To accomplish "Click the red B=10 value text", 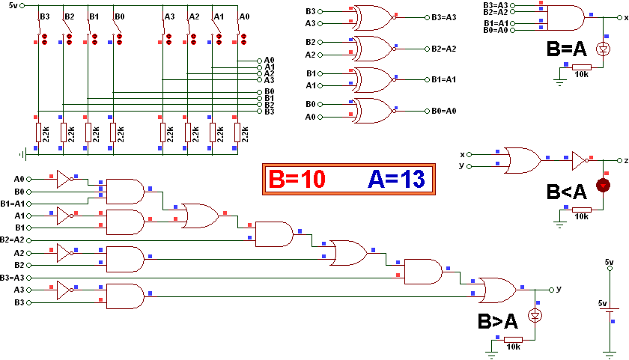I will click(297, 179).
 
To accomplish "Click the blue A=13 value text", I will click(396, 179).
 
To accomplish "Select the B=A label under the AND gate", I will click(567, 50).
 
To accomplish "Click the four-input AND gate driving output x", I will click(566, 16).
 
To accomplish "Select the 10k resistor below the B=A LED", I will click(580, 67).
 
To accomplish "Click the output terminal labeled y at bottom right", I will click(551, 289).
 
